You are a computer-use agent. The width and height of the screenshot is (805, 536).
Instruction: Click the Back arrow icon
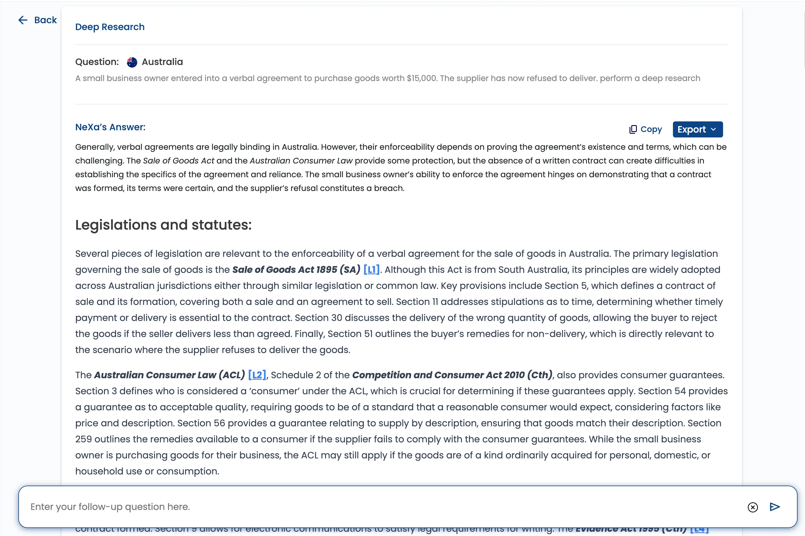[23, 20]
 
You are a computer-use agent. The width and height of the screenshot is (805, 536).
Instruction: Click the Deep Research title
[110, 27]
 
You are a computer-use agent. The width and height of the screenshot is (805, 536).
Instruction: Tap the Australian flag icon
[132, 62]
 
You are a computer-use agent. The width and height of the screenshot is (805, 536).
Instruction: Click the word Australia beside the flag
[162, 62]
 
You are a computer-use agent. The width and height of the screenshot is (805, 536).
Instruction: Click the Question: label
[97, 62]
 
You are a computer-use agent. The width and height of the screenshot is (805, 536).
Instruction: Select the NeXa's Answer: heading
[110, 127]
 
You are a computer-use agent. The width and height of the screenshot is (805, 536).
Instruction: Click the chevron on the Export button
[713, 129]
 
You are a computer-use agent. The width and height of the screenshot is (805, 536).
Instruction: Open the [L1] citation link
[371, 270]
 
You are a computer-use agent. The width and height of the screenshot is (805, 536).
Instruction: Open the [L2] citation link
[257, 375]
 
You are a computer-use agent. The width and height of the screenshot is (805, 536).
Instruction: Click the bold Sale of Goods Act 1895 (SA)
[296, 270]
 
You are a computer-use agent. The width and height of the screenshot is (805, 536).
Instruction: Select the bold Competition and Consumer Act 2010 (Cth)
[452, 375]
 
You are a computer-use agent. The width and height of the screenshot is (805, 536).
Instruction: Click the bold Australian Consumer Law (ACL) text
[169, 375]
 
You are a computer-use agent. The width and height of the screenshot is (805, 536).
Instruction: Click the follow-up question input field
[376, 507]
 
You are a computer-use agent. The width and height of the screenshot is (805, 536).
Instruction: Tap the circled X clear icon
[752, 507]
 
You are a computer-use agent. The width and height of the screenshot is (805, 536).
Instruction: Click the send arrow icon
[775, 507]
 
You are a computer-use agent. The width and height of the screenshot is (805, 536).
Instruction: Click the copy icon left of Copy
[633, 129]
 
